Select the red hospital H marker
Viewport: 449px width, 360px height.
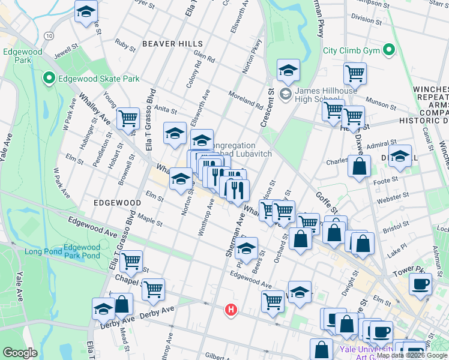(230, 310)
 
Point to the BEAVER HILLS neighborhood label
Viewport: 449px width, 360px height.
(168, 44)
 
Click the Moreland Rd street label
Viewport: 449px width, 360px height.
(246, 100)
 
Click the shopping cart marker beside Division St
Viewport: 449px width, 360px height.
(355, 74)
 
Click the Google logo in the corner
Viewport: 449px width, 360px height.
(20, 353)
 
